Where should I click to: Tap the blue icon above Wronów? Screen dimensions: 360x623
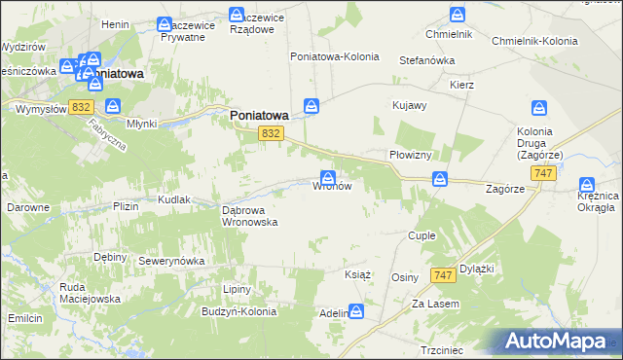pos(329,177)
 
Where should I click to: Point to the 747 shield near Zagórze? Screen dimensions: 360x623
pos(544,172)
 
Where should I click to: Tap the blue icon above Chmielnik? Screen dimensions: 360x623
pos(457,15)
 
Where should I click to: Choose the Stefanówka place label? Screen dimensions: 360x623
pos(427,60)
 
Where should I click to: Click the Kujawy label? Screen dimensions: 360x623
pos(409,105)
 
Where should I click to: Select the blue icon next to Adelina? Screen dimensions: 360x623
pos(357,311)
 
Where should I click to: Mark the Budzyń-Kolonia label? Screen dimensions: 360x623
pos(239,312)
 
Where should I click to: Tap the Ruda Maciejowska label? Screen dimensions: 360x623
pos(61,293)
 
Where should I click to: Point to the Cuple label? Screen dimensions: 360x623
pos(421,236)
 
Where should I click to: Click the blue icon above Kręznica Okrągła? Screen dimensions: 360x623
pos(586,184)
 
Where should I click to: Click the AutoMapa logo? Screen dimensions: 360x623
pos(554,341)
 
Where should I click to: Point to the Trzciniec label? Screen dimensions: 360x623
pos(441,349)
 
